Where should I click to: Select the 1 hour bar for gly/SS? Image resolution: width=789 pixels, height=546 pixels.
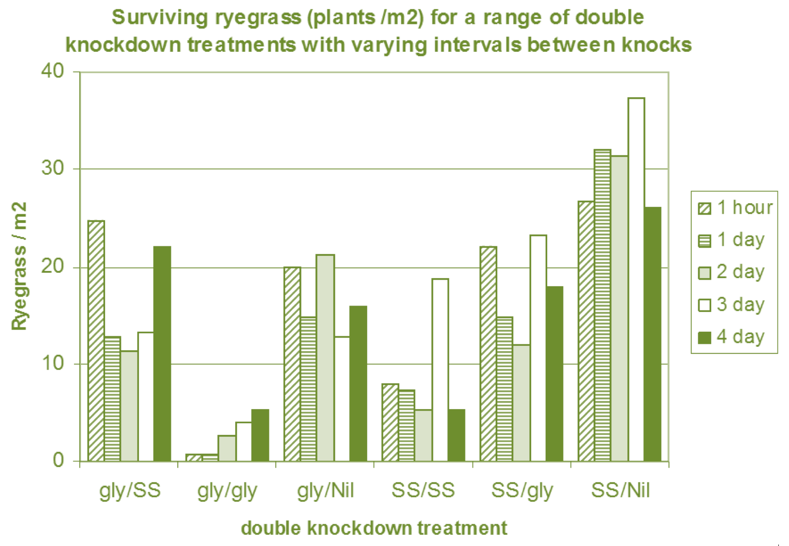click(96, 340)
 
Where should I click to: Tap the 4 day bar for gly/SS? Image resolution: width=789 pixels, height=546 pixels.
click(162, 354)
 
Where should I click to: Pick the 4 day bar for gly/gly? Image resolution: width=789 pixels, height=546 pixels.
click(260, 435)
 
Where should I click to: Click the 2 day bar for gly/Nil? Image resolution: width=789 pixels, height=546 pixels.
click(325, 358)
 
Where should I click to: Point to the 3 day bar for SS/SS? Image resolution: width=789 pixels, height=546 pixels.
click(440, 370)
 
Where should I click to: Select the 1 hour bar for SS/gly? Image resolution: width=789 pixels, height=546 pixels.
click(488, 354)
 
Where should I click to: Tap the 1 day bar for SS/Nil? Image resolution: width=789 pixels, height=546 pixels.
click(602, 305)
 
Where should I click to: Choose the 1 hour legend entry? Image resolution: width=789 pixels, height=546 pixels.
click(735, 207)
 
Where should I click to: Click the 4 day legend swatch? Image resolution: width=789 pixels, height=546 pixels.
click(704, 337)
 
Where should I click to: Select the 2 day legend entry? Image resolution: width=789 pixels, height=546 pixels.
click(731, 272)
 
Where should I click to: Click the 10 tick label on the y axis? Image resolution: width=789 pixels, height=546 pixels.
click(53, 364)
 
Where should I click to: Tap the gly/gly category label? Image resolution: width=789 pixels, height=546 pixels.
click(227, 491)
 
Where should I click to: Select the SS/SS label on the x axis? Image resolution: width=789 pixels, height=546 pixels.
click(423, 490)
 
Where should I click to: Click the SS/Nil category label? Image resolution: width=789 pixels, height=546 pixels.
click(620, 490)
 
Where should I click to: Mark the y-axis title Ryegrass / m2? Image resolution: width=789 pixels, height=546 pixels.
click(19, 266)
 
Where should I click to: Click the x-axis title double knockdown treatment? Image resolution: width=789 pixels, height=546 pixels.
click(374, 528)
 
